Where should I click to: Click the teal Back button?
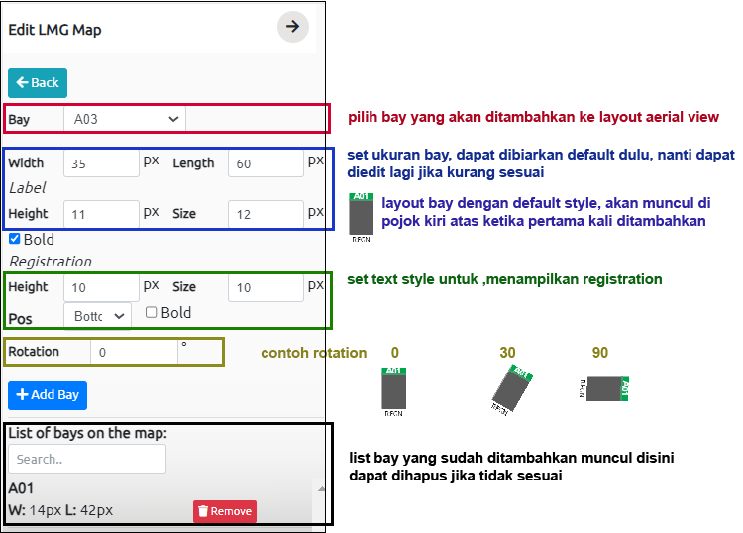click(38, 83)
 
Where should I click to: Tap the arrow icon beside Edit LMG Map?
click(293, 27)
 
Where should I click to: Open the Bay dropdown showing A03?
click(125, 119)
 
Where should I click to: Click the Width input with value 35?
click(101, 163)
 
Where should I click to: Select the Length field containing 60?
click(265, 163)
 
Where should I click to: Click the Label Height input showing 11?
click(101, 214)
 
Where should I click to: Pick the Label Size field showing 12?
click(265, 214)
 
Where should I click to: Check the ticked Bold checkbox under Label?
click(14, 239)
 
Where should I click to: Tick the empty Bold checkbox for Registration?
click(152, 312)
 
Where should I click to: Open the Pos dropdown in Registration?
click(98, 315)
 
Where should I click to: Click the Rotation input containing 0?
click(134, 352)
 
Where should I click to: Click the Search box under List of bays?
click(87, 459)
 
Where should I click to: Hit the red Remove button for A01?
click(225, 511)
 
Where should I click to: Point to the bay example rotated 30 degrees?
click(512, 390)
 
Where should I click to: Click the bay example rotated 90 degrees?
click(603, 389)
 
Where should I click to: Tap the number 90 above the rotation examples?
click(600, 353)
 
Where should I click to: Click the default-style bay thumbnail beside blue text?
click(361, 217)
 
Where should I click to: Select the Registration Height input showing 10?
click(101, 287)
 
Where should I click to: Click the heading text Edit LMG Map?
click(54, 30)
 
